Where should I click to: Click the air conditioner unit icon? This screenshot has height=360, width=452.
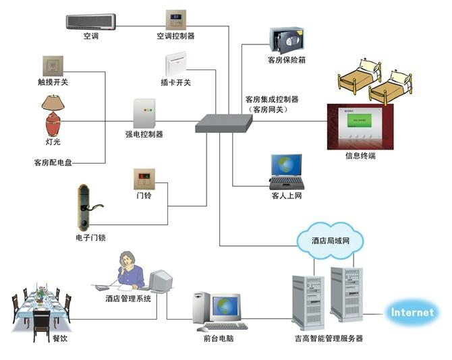pos(93,21)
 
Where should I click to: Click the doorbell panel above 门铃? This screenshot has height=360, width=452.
pos(143,179)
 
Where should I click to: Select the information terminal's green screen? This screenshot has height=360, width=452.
pos(360,121)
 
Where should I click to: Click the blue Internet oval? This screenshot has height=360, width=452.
pos(414,313)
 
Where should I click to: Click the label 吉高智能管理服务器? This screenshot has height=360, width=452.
pos(329,338)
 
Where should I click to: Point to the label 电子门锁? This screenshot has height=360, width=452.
pos(91,238)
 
